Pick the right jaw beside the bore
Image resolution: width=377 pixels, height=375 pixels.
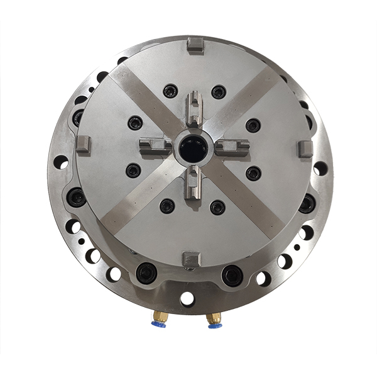tap(231, 148)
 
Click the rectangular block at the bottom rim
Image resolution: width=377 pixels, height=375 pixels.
tap(190, 258)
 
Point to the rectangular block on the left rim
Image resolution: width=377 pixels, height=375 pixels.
tap(84, 144)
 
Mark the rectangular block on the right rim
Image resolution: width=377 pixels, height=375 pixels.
tap(305, 149)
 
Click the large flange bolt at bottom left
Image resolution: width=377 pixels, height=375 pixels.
tap(146, 272)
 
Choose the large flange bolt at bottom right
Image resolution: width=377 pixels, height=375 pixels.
tap(232, 274)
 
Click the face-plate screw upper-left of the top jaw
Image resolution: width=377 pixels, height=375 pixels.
tap(170, 91)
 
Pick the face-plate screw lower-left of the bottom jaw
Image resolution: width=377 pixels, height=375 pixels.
tap(167, 205)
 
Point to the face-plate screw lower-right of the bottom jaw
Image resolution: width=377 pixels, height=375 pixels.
tap(217, 206)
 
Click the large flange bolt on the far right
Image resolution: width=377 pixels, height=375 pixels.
tap(307, 203)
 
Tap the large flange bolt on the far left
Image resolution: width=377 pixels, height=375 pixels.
tap(77, 198)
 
